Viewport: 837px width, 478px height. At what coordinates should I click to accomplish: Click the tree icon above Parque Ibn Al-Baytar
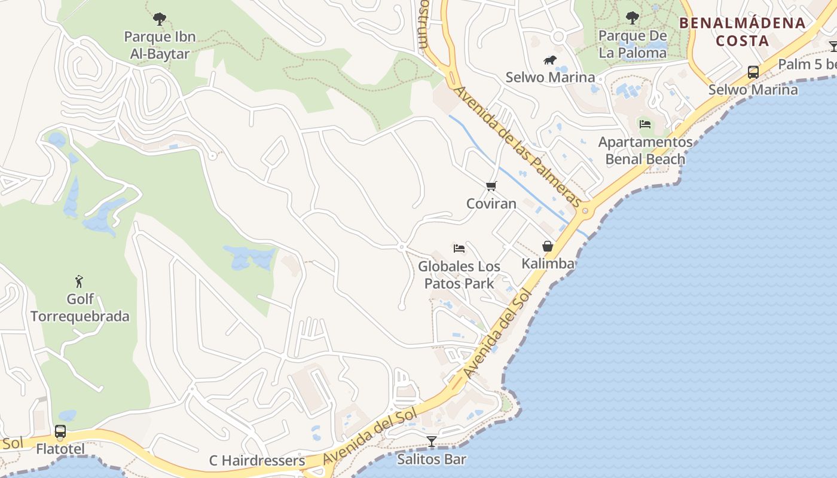point(159,19)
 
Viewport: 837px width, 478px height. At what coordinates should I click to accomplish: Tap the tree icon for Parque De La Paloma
point(632,18)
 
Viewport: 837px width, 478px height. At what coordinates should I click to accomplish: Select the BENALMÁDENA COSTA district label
point(743,32)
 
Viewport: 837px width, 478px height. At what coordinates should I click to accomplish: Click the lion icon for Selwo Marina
point(550,60)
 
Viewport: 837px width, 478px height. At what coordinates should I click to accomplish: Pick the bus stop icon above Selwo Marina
point(753,72)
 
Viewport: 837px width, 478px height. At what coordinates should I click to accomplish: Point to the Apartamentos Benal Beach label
point(645,151)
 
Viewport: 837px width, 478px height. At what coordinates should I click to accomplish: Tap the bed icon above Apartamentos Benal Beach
point(644,124)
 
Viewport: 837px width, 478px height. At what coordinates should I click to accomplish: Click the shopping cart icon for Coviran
point(491,186)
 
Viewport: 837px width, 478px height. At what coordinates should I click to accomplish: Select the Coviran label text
point(491,204)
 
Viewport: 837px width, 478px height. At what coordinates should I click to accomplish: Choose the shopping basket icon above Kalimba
point(547,246)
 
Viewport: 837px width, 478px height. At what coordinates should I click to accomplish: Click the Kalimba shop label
point(548,263)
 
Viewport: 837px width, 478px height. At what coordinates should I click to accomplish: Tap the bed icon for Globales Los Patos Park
point(459,249)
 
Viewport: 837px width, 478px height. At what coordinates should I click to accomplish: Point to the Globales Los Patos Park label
point(459,274)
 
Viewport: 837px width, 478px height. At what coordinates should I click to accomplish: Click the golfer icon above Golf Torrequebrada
point(79,281)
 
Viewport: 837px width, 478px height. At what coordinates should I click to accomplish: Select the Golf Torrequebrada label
point(80,307)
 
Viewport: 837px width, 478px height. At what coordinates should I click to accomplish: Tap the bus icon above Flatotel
point(60,431)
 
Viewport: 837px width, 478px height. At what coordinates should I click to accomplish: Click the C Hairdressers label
point(257,461)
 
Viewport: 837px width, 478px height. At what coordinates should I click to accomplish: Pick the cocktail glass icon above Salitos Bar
point(432,442)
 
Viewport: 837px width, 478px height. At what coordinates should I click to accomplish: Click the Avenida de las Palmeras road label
point(517,147)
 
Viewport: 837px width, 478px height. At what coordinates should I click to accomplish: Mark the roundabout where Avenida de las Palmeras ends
point(585,210)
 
